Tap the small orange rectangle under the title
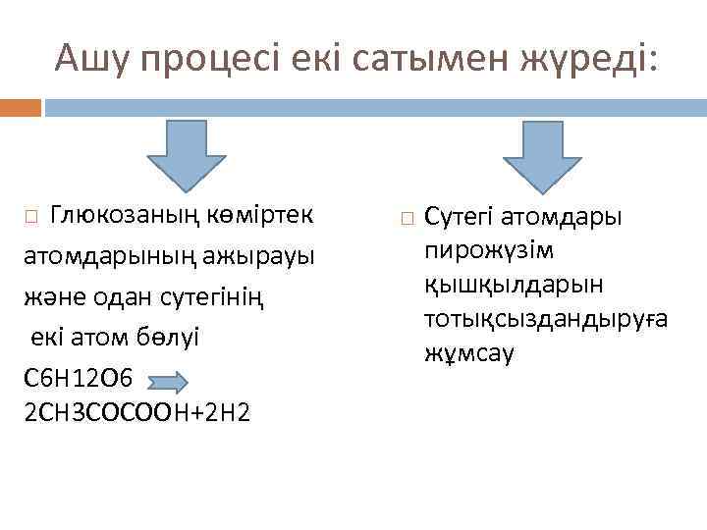point(21,107)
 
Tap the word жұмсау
point(469,352)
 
